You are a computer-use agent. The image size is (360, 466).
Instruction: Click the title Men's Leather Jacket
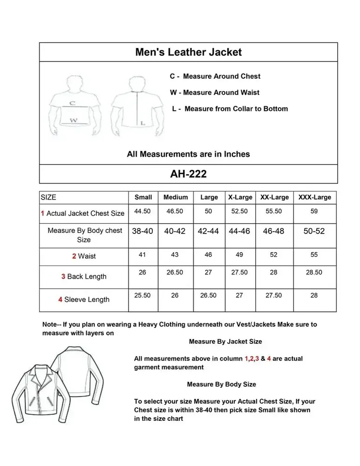188,52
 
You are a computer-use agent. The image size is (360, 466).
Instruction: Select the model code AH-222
188,174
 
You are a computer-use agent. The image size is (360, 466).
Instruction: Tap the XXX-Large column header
314,197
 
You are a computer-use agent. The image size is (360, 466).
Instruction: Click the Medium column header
176,197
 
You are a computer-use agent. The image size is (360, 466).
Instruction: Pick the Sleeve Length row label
84,300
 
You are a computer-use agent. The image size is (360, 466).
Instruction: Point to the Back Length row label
84,276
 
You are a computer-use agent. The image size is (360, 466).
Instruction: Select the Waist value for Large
208,255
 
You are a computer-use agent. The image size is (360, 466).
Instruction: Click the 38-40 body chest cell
143,231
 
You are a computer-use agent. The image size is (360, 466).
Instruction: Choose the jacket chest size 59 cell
314,211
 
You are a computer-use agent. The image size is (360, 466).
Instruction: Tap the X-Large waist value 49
239,255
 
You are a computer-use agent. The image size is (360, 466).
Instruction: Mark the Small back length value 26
143,272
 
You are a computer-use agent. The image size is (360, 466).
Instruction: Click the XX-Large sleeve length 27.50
273,295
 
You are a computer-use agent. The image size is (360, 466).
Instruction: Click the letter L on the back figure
143,123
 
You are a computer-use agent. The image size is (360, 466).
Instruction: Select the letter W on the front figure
74,120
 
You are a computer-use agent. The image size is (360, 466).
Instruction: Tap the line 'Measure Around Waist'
215,92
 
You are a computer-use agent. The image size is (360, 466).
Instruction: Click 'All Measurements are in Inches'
188,154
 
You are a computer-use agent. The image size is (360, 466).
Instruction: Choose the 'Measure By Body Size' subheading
221,384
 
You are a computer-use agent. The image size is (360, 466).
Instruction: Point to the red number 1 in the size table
42,213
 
